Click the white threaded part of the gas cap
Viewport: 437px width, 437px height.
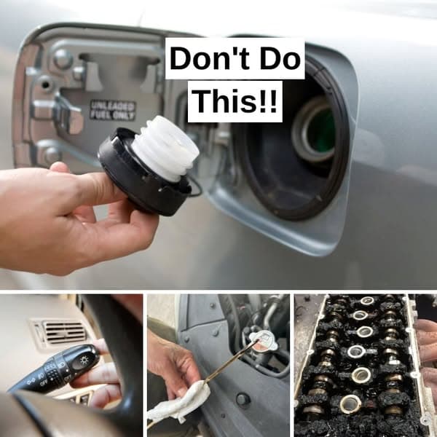166,149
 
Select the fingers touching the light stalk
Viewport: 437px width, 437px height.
102,375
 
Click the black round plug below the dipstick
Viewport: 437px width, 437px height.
243,398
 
